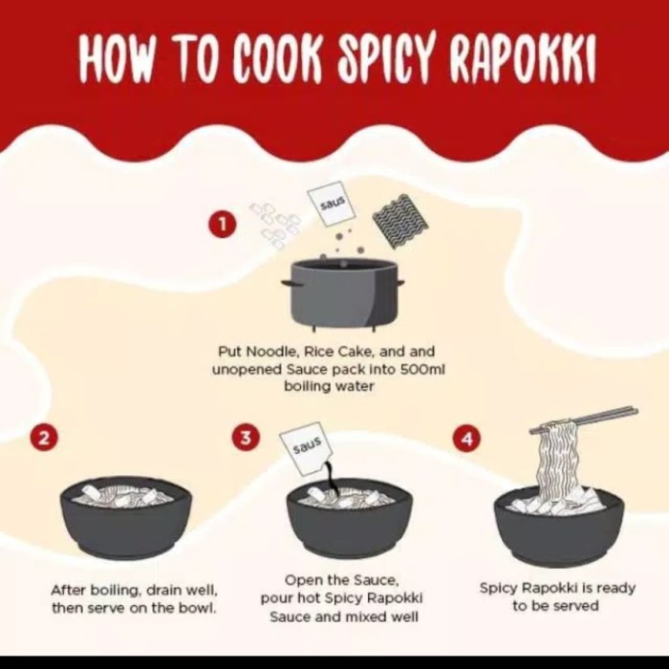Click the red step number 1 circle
point(222,226)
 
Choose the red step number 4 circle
point(466,438)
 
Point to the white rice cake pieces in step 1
point(275,224)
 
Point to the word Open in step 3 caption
point(302,580)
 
